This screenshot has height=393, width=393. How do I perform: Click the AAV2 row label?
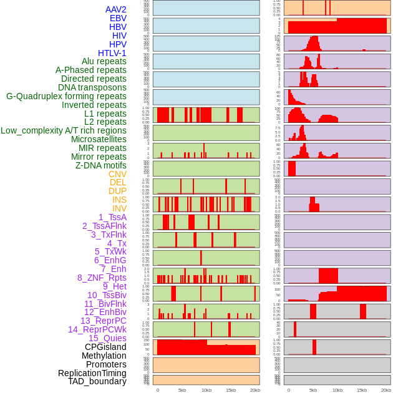(116, 9)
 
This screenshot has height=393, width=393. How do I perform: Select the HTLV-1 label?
(112, 53)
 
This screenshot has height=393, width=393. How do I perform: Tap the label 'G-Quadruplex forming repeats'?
(66, 96)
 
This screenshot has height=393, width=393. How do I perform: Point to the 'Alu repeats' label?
(104, 61)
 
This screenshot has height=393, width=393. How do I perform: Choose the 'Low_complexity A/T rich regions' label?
(64, 130)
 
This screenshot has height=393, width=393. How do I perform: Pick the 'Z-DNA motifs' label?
(101, 165)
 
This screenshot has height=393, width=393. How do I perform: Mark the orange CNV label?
(117, 174)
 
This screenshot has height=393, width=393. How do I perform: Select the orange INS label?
(119, 200)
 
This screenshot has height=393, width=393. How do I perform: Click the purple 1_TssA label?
(112, 217)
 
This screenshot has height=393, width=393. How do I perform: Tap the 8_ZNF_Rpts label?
(102, 278)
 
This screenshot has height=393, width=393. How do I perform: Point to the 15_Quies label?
(107, 338)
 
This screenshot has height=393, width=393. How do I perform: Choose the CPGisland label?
(105, 347)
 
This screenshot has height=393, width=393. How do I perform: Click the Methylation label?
(104, 356)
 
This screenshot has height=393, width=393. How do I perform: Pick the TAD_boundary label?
(97, 381)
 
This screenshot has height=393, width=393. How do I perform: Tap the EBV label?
(118, 18)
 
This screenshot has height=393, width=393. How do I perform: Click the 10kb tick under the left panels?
(206, 390)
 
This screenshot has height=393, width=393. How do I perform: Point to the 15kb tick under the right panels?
(361, 390)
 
